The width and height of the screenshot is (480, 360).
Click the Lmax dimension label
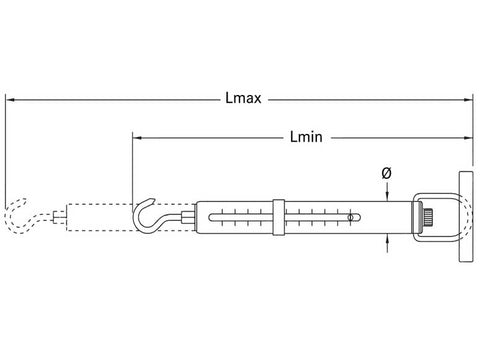click(243, 98)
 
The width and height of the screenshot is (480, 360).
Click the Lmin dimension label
click(306, 137)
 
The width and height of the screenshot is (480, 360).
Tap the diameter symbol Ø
click(386, 173)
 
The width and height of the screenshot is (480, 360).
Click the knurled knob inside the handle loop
click(428, 217)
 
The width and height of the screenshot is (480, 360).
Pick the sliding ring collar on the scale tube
click(279, 217)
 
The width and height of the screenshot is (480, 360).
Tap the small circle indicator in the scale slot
click(350, 218)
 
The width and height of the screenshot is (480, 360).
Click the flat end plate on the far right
click(466, 217)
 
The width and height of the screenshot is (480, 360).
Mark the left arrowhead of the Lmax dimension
click(10, 99)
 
